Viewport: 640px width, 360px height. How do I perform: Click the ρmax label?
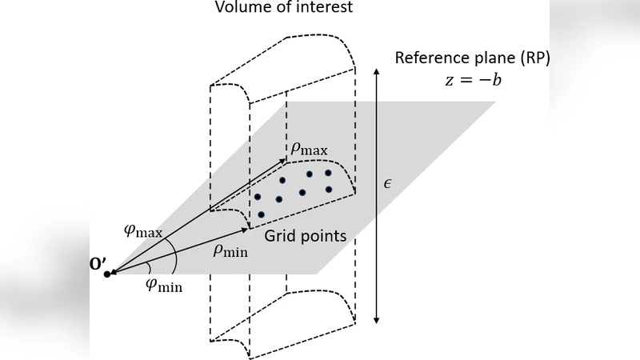(x=308, y=148)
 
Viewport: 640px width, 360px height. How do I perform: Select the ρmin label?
(x=230, y=250)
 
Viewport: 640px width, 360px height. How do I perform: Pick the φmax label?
(x=143, y=230)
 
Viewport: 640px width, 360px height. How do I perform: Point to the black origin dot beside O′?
(x=107, y=274)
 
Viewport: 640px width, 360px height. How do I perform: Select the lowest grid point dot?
(x=261, y=214)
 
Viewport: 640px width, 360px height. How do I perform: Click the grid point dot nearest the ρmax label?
(x=309, y=174)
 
